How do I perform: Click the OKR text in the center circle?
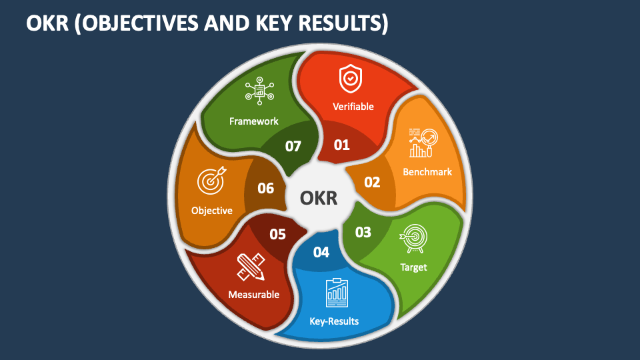coord(319,199)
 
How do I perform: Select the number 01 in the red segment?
coord(341,144)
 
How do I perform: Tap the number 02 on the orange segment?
coord(371,182)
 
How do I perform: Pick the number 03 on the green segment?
coord(363,232)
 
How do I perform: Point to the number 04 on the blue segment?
coord(321,252)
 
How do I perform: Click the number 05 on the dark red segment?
coord(277,234)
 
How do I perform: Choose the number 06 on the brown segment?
coord(266,188)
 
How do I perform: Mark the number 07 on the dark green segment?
coord(293,145)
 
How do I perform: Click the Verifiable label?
coord(353,107)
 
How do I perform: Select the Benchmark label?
coord(427,172)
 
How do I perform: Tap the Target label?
coord(413,267)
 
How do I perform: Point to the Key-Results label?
coord(334,321)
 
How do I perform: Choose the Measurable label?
coord(253,294)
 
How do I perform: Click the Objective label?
coord(212,211)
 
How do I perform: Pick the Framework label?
coord(254,121)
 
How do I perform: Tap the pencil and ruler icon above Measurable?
coord(250,267)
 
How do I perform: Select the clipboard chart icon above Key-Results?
coord(337,292)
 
